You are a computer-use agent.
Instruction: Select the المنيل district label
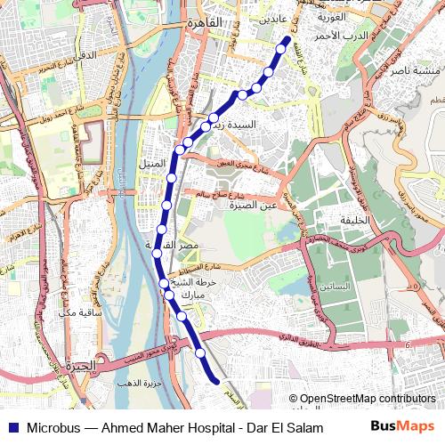tap(152, 165)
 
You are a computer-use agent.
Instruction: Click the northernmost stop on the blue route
tap(286, 40)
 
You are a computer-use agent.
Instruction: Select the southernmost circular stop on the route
tap(201, 353)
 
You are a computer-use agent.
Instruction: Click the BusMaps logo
tap(402, 426)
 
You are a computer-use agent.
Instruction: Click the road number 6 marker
tap(406, 344)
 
